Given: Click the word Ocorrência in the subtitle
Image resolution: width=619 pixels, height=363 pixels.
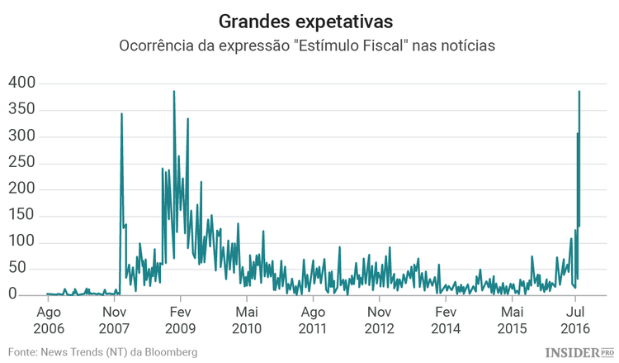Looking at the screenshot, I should (x=158, y=46).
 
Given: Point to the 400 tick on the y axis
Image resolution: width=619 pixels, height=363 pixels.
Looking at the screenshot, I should (x=22, y=83).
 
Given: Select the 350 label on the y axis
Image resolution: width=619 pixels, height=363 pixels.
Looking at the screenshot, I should (x=22, y=109).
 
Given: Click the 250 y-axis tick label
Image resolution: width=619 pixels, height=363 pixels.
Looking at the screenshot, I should (x=22, y=162).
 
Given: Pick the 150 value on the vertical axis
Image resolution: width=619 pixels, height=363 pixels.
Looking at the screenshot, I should (x=22, y=215).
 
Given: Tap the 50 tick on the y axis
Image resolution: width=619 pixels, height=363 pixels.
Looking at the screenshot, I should (x=27, y=268).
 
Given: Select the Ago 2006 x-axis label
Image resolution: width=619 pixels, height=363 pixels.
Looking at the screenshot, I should (x=47, y=320).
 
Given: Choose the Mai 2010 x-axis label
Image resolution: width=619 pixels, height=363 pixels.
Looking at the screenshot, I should (x=247, y=320).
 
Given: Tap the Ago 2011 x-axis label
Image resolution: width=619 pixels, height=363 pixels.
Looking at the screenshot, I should (x=313, y=320).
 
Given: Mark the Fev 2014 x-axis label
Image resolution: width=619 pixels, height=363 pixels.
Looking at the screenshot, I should (x=446, y=320).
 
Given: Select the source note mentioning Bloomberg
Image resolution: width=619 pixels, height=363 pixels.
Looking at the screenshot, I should (x=103, y=352).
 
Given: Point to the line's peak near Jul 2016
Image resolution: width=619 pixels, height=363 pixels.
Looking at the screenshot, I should (x=579, y=91).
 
